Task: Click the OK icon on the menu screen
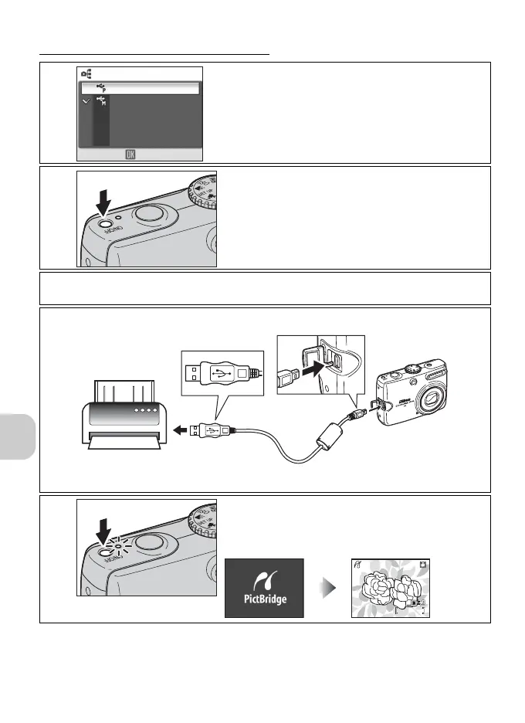(x=130, y=154)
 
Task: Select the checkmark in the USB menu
(x=86, y=102)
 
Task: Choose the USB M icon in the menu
(x=101, y=102)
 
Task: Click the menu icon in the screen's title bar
(x=86, y=74)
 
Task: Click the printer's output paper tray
(x=124, y=443)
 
